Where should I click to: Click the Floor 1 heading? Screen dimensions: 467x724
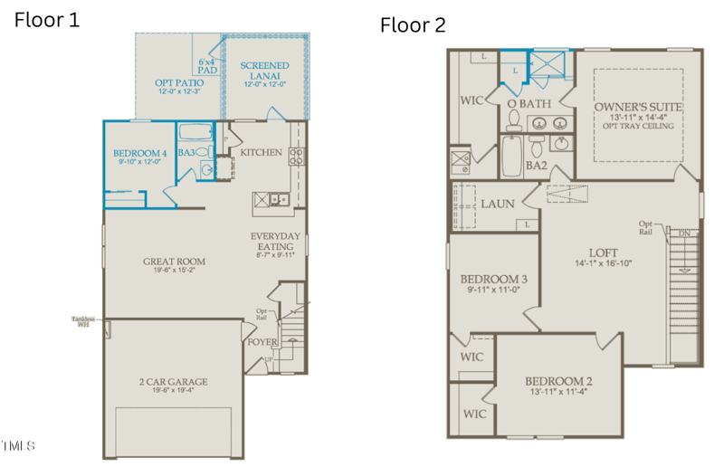(x=46, y=20)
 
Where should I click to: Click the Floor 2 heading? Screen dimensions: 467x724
(x=413, y=24)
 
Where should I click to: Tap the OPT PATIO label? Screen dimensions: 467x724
(x=178, y=82)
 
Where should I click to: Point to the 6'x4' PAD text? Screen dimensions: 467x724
(x=208, y=66)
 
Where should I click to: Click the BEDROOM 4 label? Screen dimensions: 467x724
(x=139, y=154)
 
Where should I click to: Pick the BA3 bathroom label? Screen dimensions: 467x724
(x=186, y=153)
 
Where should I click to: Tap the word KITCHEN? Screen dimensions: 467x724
(x=261, y=152)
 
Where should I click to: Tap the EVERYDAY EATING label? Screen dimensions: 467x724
(x=275, y=241)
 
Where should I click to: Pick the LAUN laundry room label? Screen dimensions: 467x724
(x=497, y=204)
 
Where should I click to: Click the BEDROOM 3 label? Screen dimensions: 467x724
(x=494, y=279)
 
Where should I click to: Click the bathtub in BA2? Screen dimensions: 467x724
(x=512, y=157)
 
